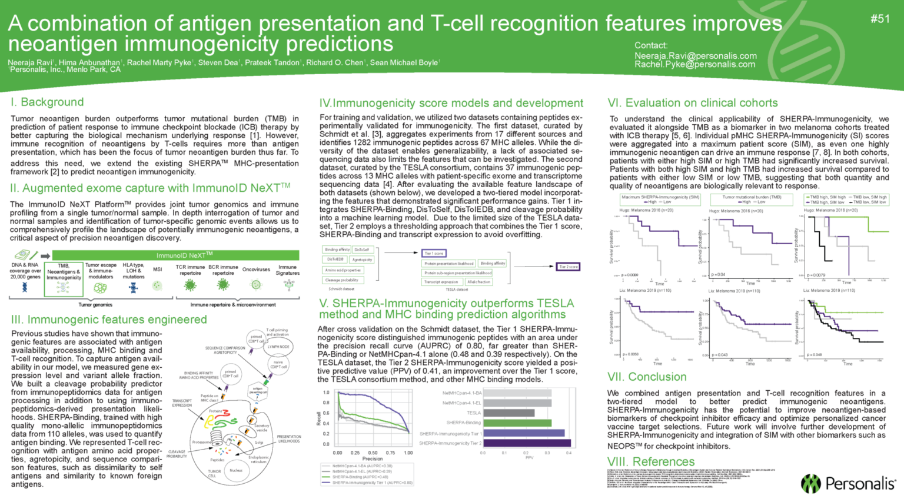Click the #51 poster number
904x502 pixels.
[880, 19]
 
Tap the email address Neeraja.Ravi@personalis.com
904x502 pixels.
[695, 56]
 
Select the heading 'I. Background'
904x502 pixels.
[47, 102]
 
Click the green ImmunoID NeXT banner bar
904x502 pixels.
[175, 255]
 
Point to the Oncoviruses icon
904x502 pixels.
[256, 284]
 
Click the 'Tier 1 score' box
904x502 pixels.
[434, 253]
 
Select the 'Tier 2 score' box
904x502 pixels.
[569, 267]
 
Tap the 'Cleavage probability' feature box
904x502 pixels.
[342, 280]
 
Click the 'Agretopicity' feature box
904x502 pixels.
[362, 260]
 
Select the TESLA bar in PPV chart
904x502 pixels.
[508, 413]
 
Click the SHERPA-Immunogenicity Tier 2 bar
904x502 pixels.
[527, 443]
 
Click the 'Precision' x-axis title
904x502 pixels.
[373, 459]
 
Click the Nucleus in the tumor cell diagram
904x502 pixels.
[236, 470]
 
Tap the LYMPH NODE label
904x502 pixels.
[278, 347]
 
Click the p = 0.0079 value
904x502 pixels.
[816, 275]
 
